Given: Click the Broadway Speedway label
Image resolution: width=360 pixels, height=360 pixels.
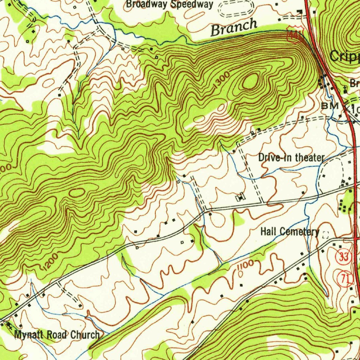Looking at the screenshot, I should point(169,4).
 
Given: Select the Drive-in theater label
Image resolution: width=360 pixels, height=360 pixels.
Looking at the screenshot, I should point(290,157).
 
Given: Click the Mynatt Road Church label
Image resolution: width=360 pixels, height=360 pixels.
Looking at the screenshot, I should point(57,334).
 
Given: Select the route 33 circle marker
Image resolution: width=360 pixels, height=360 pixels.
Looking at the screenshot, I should point(343,257).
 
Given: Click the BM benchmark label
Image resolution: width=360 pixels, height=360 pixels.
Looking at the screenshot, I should point(330,105).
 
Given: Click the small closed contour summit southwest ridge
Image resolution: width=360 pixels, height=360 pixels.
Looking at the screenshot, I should point(77,192).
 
